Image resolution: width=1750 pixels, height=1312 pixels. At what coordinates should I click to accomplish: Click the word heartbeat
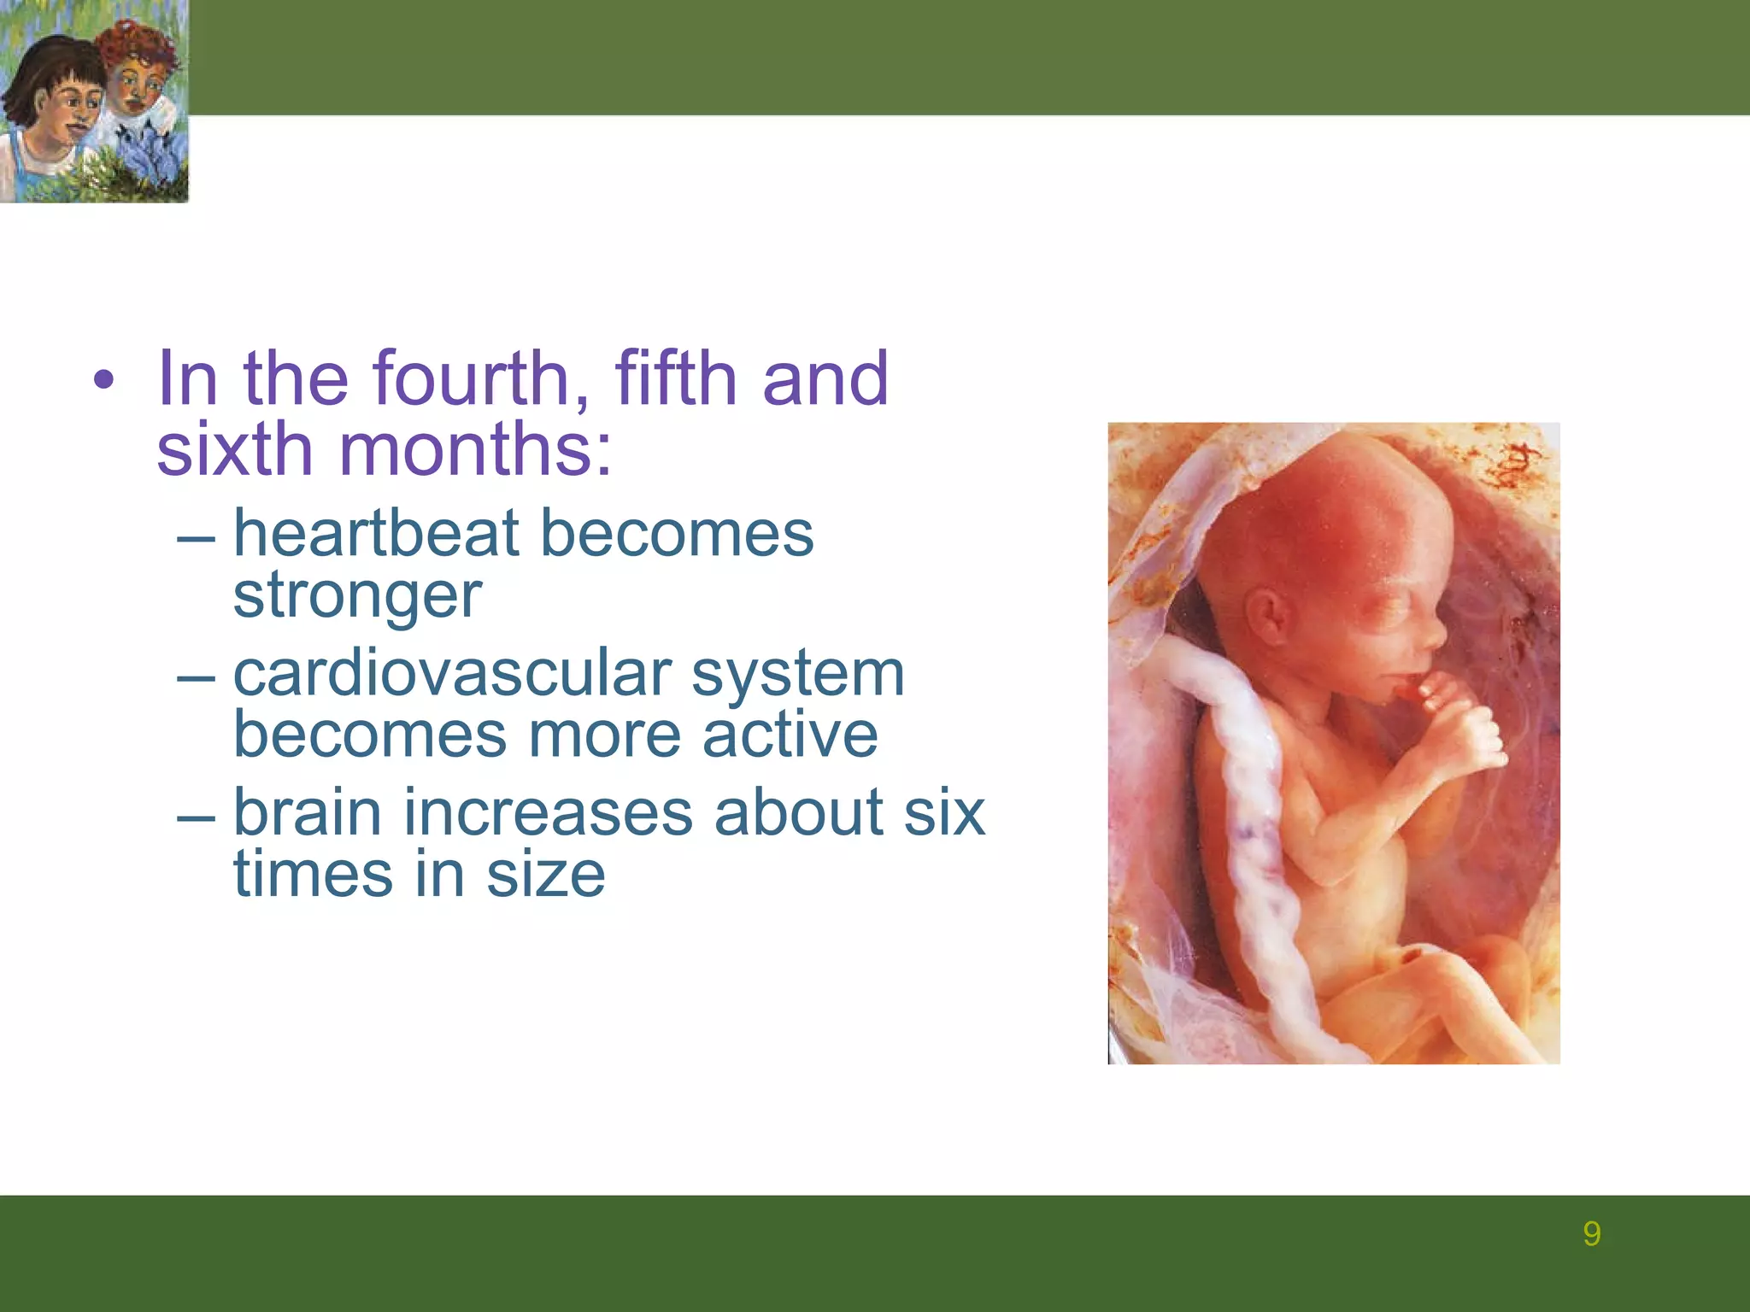(x=377, y=534)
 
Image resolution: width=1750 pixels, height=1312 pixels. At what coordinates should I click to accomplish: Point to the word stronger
(x=357, y=595)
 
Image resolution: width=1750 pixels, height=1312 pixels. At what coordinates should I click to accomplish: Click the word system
(x=797, y=675)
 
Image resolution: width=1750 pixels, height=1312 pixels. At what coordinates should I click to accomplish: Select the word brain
(x=307, y=812)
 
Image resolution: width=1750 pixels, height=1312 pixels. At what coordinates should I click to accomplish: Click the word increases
(x=548, y=812)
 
